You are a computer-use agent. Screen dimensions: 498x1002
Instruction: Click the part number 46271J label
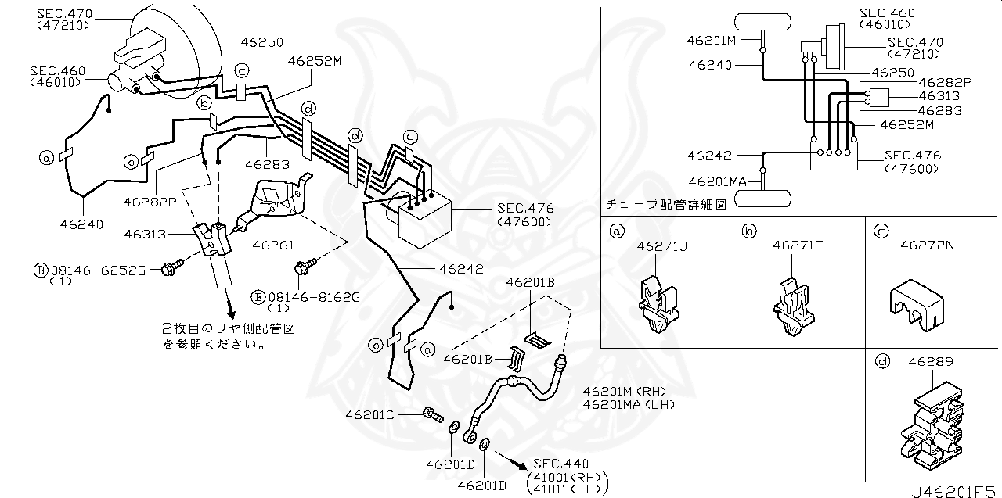[x=661, y=246]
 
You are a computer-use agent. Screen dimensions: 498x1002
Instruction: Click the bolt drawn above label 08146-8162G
[x=302, y=268]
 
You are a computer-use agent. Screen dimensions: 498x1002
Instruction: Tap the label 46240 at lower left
[x=81, y=224]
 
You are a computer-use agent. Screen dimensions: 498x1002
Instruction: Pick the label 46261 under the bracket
[x=273, y=245]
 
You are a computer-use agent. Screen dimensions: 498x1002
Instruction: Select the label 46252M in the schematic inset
[x=906, y=124]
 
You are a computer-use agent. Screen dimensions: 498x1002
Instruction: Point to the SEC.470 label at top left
[x=63, y=13]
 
